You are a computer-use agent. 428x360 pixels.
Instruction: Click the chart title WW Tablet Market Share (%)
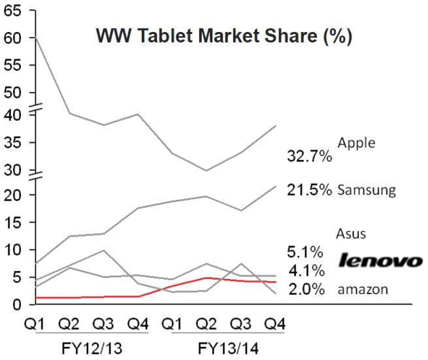click(x=224, y=36)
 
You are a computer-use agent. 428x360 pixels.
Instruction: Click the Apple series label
click(x=357, y=142)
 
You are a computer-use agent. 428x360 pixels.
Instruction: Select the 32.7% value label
click(x=310, y=156)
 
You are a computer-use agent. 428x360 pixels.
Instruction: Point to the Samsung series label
click(x=367, y=191)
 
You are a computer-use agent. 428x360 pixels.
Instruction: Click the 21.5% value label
click(x=310, y=190)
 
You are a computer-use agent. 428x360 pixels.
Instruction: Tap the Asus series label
click(x=350, y=233)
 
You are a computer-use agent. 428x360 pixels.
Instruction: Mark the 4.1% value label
click(x=306, y=270)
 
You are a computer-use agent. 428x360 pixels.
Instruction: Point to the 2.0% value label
click(x=306, y=289)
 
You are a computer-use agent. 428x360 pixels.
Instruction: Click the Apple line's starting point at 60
click(x=35, y=37)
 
